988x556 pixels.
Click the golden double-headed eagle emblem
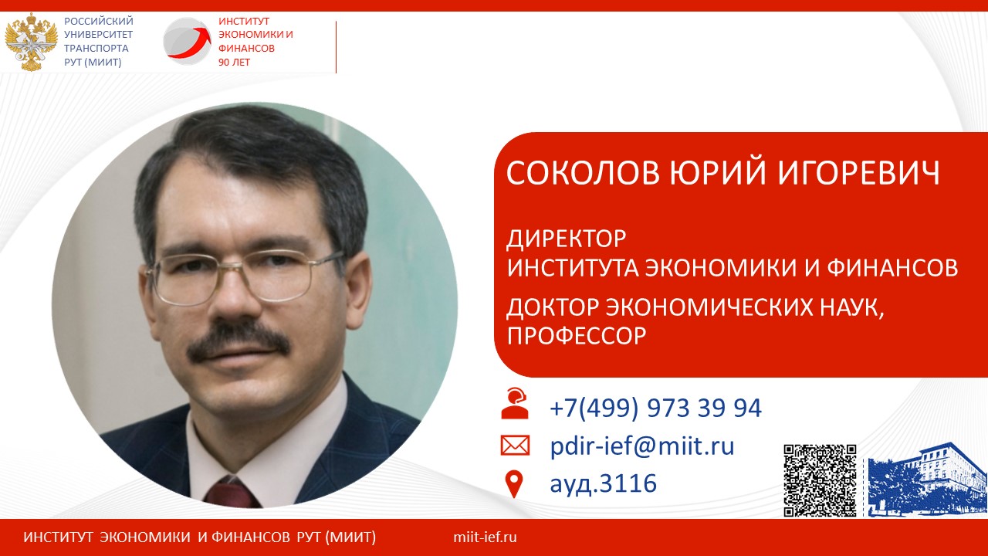(31, 42)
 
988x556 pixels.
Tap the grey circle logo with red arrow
(188, 41)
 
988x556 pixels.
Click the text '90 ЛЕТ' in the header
(234, 63)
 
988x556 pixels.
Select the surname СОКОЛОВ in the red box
(583, 172)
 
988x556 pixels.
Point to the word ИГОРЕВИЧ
(858, 172)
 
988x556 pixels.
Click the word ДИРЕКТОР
(567, 239)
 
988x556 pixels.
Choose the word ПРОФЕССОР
(577, 336)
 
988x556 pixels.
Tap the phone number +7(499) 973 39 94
(655, 407)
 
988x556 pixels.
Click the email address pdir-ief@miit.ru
(642, 446)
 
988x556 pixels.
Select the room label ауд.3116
(603, 483)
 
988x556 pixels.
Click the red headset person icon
(515, 403)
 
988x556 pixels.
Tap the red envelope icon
(515, 446)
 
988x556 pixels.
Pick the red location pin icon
(514, 483)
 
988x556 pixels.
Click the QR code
(820, 480)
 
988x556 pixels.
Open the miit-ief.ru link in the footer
(485, 537)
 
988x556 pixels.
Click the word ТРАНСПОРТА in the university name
(96, 48)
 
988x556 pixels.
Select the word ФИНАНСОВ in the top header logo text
(246, 48)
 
